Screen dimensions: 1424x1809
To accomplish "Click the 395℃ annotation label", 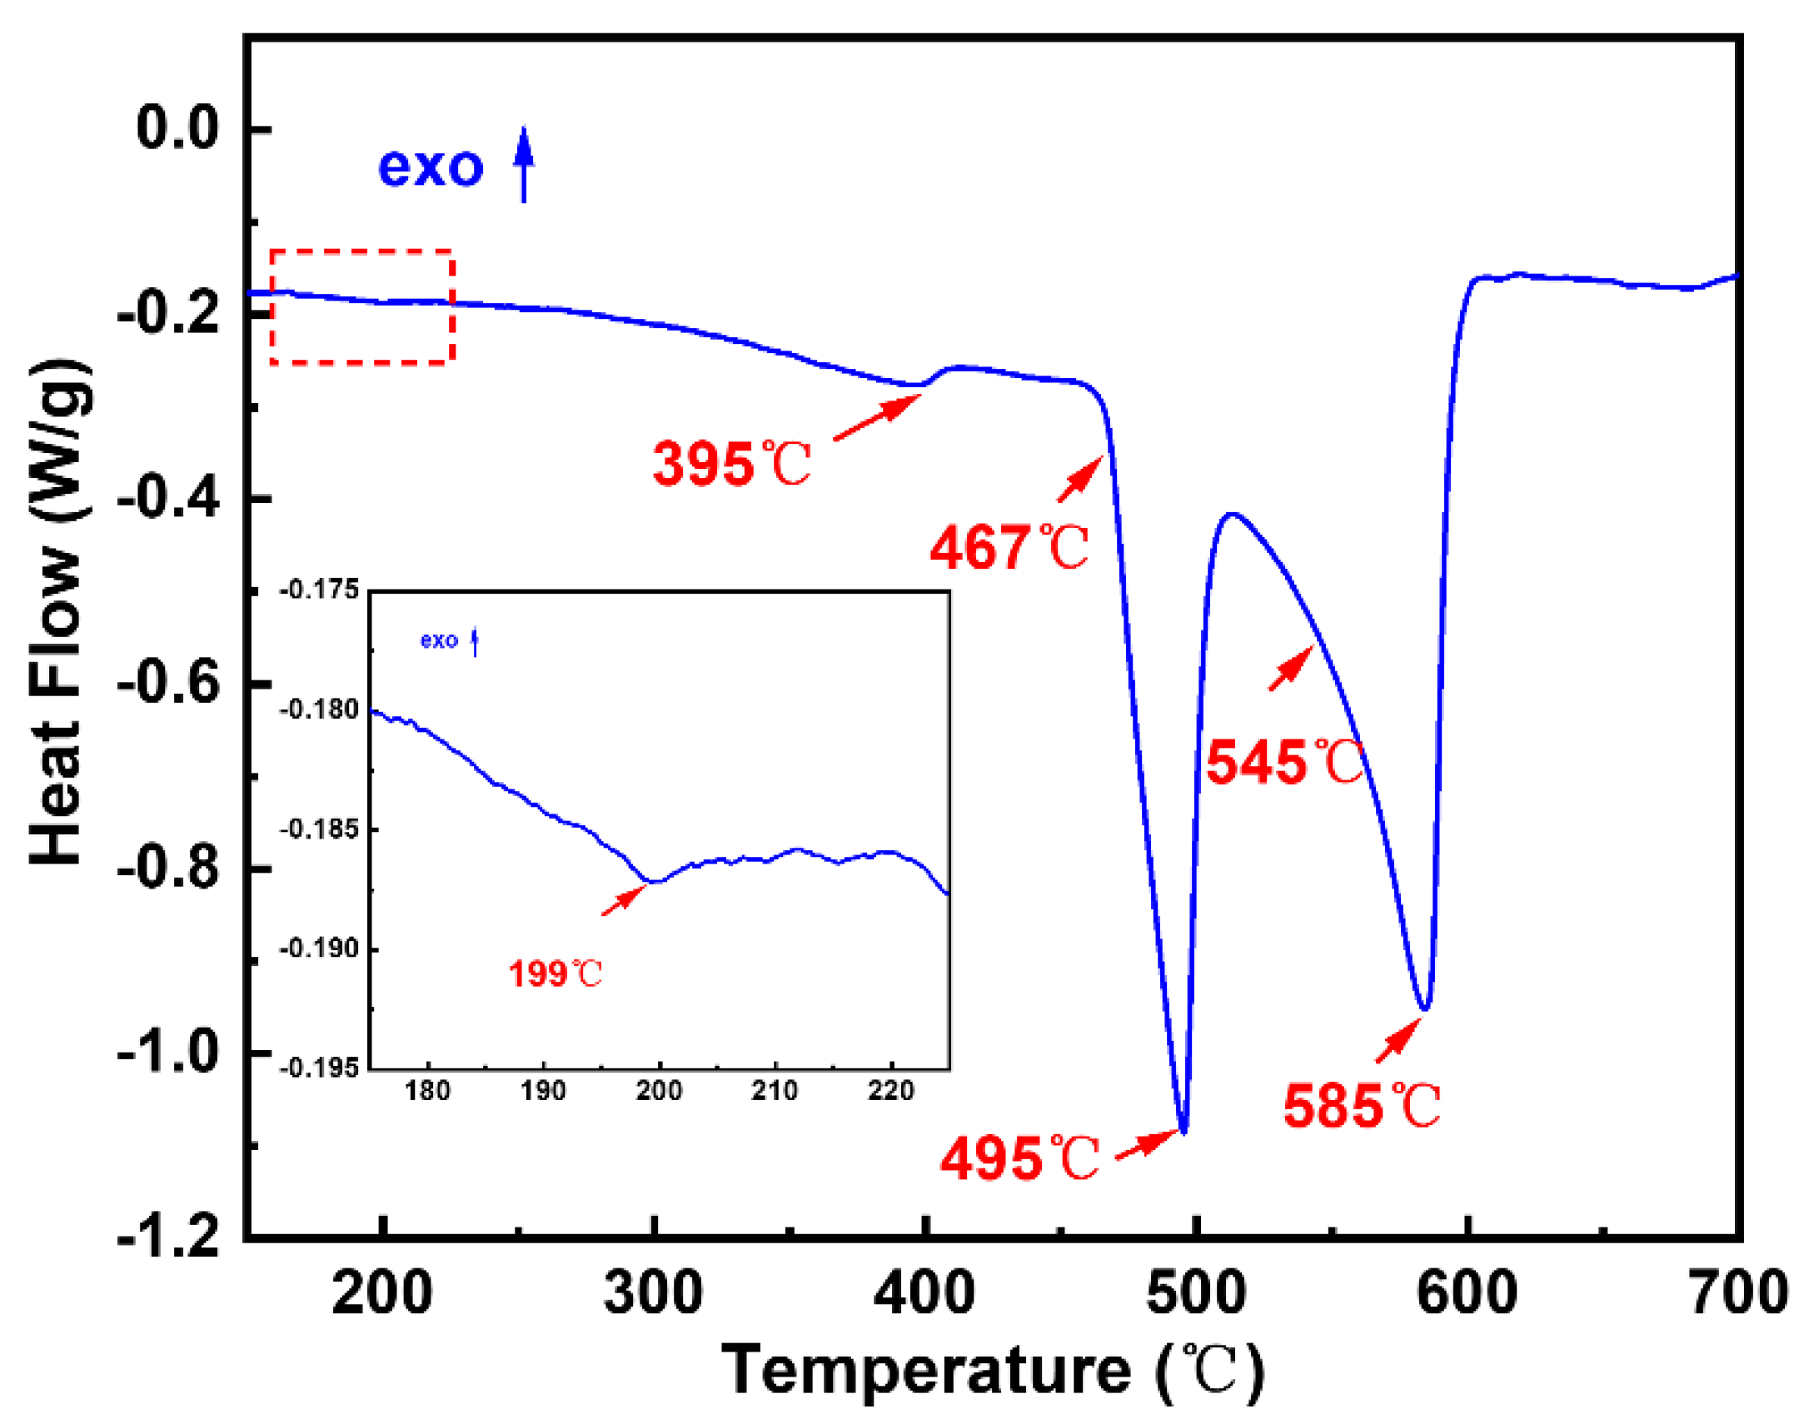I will tap(730, 464).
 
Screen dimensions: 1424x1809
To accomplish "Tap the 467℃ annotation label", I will tap(1009, 548).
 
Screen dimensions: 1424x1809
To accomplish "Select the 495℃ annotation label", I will tap(1019, 1158).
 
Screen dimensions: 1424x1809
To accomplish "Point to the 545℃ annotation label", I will tap(1284, 762).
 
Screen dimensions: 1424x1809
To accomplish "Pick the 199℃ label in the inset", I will tap(556, 973).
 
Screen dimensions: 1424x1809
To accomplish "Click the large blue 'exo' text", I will tap(430, 167).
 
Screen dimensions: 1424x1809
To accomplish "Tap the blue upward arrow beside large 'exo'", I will tap(524, 164).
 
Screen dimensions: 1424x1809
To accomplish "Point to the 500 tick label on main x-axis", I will tap(1194, 1294).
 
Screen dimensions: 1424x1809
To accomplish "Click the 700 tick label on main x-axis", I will tap(1738, 1294).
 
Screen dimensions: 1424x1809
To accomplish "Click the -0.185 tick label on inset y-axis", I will tap(319, 829).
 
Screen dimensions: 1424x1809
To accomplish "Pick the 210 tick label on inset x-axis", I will tap(775, 1091).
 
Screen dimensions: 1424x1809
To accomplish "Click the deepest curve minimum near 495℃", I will tap(1184, 1131).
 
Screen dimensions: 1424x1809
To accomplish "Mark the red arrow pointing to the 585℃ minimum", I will tap(1398, 1041).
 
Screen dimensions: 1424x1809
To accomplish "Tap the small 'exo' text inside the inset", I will tap(439, 640).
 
